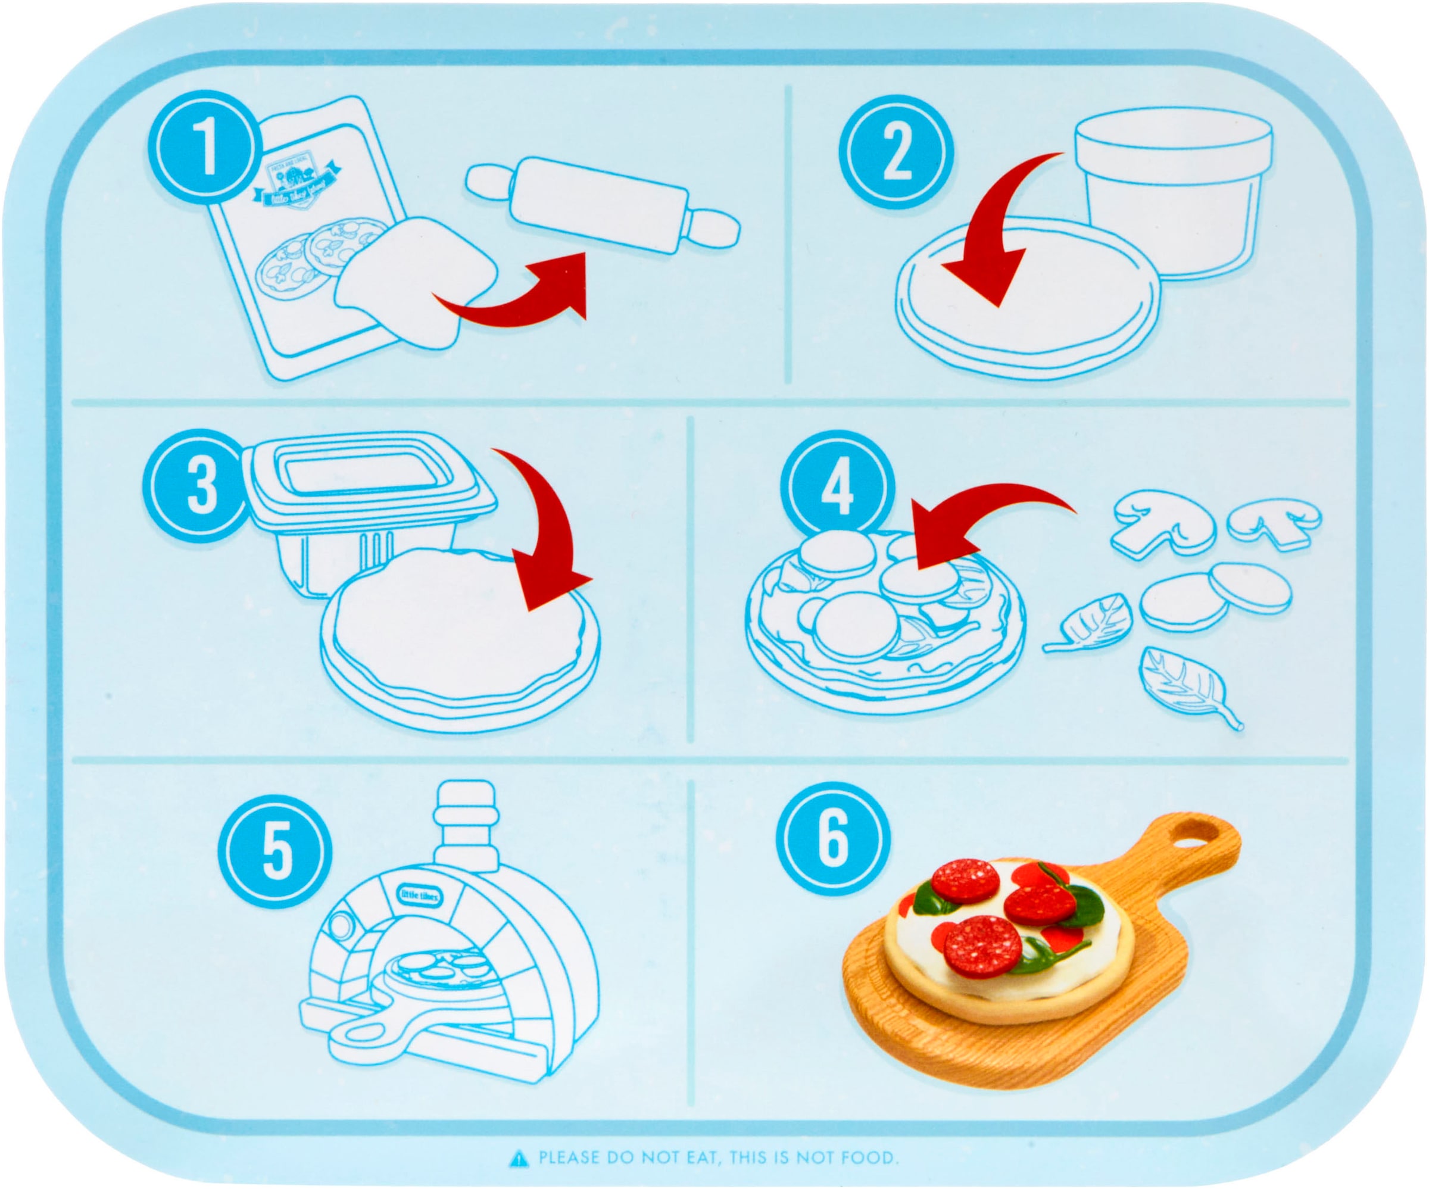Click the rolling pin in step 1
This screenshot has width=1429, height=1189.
(x=602, y=204)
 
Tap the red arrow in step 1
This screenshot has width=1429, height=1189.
(x=524, y=299)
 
